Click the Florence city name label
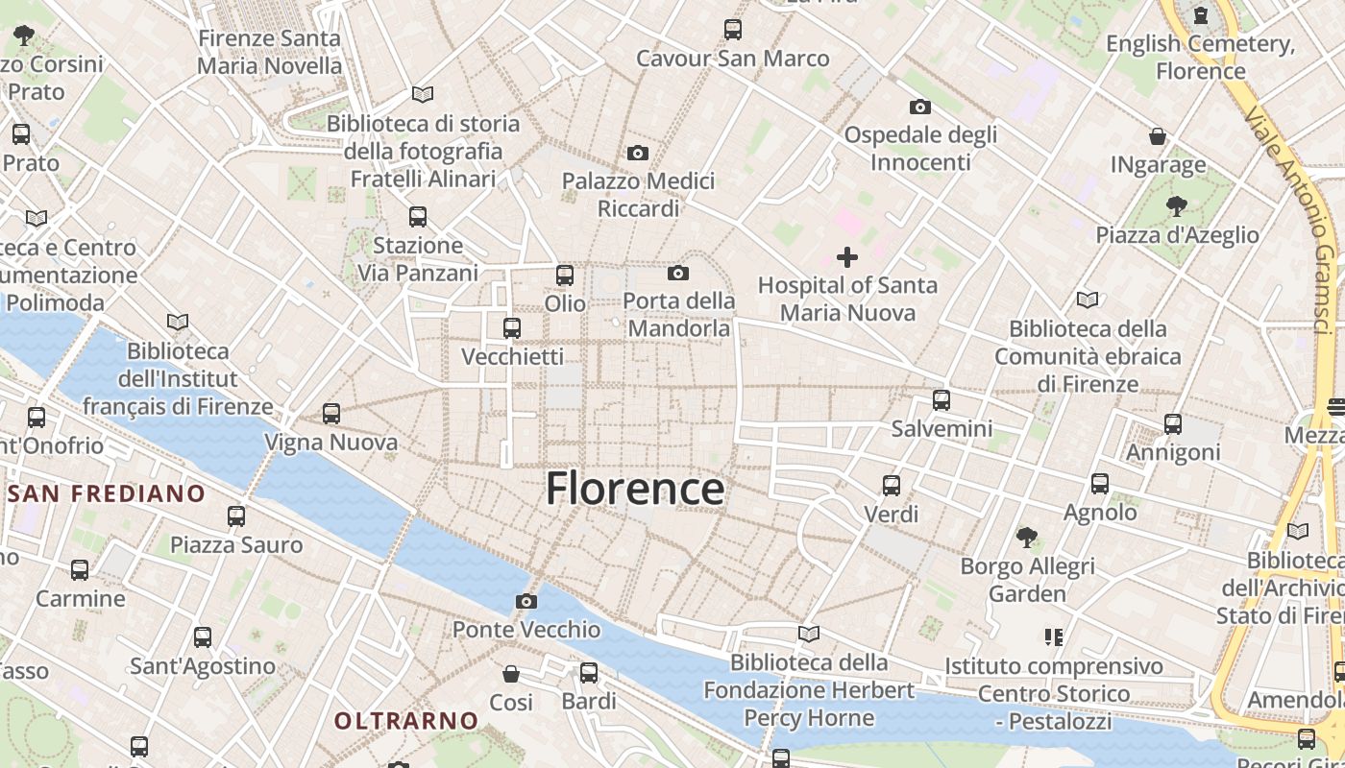(635, 489)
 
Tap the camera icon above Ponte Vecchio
(526, 602)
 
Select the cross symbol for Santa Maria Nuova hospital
(847, 257)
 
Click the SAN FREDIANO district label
(107, 494)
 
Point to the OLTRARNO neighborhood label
(406, 720)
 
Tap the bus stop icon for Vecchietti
(512, 328)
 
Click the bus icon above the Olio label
(565, 276)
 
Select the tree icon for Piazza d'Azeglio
(1177, 206)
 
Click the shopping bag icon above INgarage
(1158, 137)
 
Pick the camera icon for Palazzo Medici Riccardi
(637, 154)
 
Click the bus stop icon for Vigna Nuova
(331, 414)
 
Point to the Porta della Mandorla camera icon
(678, 274)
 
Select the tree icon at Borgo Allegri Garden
(1027, 537)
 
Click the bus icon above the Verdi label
(892, 486)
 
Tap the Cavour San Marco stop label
(733, 59)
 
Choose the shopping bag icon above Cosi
(511, 674)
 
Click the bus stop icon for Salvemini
(941, 400)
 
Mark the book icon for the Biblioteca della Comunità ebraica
(1088, 300)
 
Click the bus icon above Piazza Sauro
(236, 516)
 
